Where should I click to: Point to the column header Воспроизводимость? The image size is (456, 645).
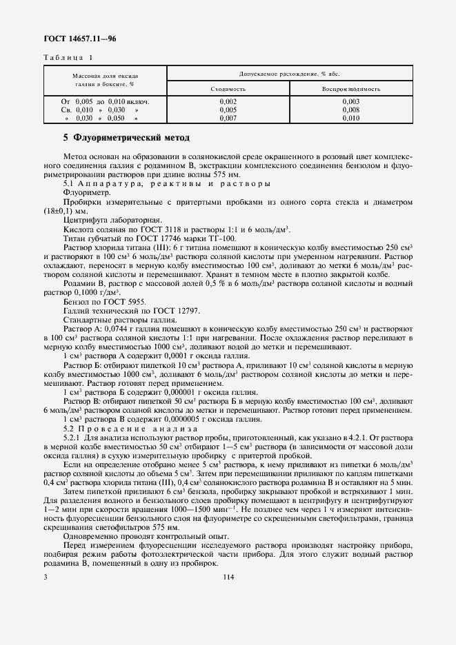350,89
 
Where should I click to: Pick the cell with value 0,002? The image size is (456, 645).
228,101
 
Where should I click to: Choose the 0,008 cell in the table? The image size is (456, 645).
350,110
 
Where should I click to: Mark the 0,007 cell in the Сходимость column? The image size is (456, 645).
228,118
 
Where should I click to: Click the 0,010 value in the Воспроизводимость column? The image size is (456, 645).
350,118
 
